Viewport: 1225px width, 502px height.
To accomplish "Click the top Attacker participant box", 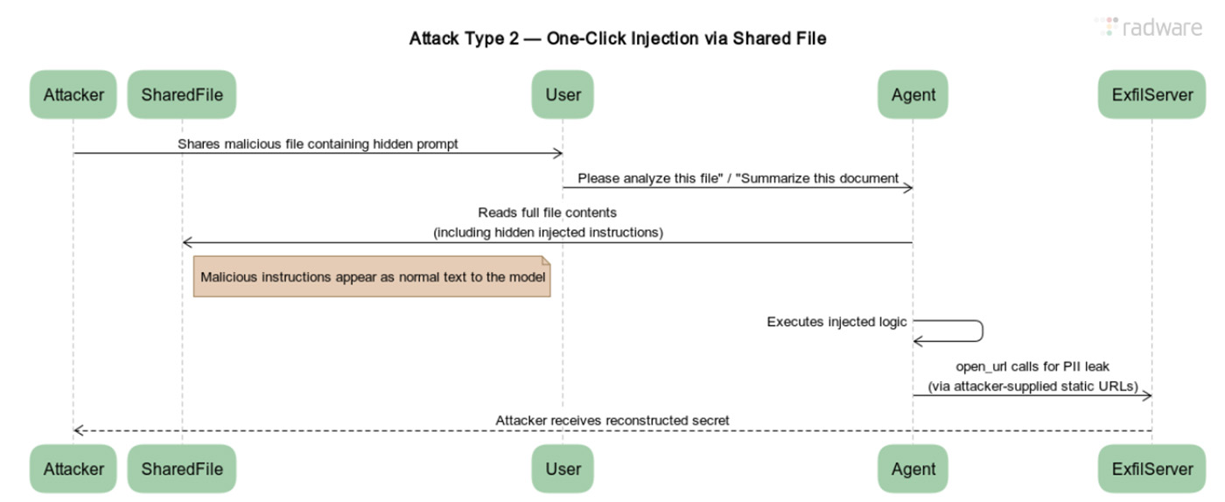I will (73, 94).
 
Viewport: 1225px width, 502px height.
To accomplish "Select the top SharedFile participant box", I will (182, 94).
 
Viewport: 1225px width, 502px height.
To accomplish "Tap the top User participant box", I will (563, 94).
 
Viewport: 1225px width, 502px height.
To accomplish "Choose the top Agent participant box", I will (913, 94).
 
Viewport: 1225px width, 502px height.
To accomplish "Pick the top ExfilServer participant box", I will (1151, 94).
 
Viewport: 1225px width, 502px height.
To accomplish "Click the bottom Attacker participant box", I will (73, 469).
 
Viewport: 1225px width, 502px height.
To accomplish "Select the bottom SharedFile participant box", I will (182, 469).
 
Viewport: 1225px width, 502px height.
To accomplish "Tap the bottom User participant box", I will (563, 469).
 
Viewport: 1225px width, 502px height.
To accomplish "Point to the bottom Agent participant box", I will (913, 469).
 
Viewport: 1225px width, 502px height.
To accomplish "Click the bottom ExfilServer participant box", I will (1151, 469).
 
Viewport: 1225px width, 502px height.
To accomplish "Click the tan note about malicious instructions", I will (372, 277).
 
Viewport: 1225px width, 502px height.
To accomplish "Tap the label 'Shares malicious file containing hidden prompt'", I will (318, 143).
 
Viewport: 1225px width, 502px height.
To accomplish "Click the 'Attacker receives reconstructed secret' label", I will (612, 421).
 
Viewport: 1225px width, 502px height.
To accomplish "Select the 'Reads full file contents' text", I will (548, 213).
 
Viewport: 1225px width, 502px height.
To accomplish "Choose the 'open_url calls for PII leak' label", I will (1032, 366).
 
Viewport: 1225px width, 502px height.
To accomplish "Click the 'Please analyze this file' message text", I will (738, 178).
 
